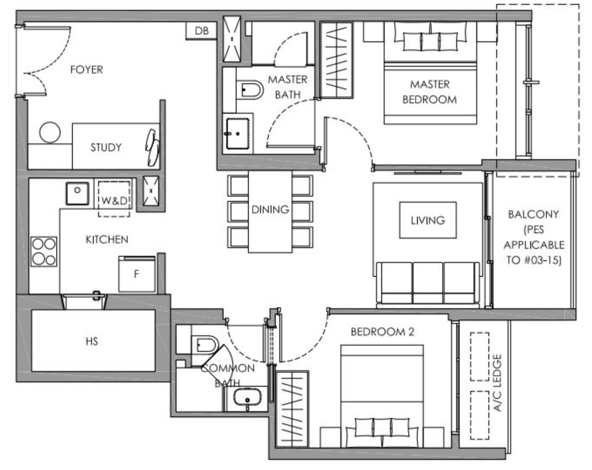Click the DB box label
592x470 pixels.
201,31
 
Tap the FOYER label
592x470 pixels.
87,69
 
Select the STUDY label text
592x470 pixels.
106,147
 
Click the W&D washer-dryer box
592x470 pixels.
114,200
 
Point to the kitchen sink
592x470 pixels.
78,193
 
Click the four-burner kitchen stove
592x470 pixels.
44,252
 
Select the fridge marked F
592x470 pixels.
137,274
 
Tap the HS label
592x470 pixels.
92,341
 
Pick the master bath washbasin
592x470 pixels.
237,134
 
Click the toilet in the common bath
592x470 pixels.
205,344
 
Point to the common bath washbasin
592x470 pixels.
247,398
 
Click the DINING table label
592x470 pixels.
270,209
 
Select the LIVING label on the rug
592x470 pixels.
428,220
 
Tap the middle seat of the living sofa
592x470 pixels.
428,283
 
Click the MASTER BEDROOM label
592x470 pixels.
430,92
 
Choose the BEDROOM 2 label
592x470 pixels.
382,332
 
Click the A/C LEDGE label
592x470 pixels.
497,382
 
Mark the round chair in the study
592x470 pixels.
50,132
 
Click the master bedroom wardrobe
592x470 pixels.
336,60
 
